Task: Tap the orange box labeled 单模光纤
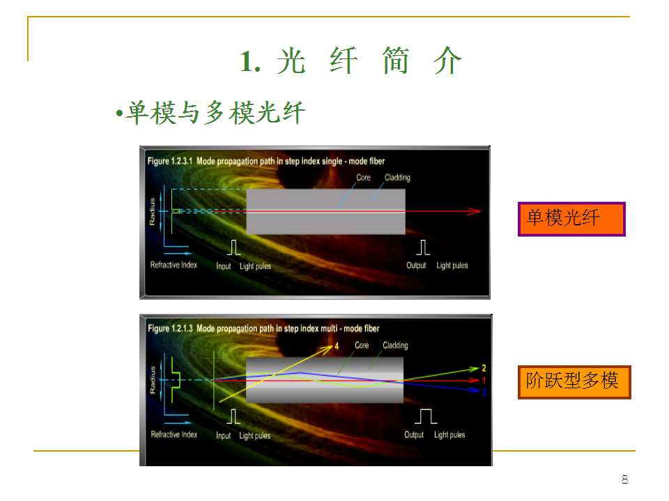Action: click(x=571, y=219)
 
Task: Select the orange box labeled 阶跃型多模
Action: click(x=574, y=381)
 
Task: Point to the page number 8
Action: click(x=624, y=479)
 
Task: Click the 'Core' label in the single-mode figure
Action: click(x=363, y=177)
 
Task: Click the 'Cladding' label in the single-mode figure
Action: click(x=397, y=177)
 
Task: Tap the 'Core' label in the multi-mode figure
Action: click(x=362, y=345)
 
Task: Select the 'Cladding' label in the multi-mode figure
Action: click(x=395, y=345)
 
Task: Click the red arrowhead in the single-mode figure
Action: click(x=475, y=211)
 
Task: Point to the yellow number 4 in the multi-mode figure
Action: click(x=337, y=345)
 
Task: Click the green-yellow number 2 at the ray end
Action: click(x=483, y=367)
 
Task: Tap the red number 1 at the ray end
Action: click(x=483, y=381)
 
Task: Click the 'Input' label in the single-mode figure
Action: click(x=224, y=266)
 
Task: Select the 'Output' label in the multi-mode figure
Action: click(x=414, y=435)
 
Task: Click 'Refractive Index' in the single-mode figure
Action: click(x=174, y=265)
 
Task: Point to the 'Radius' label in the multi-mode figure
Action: click(x=153, y=380)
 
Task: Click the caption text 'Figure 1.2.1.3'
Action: click(x=169, y=328)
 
